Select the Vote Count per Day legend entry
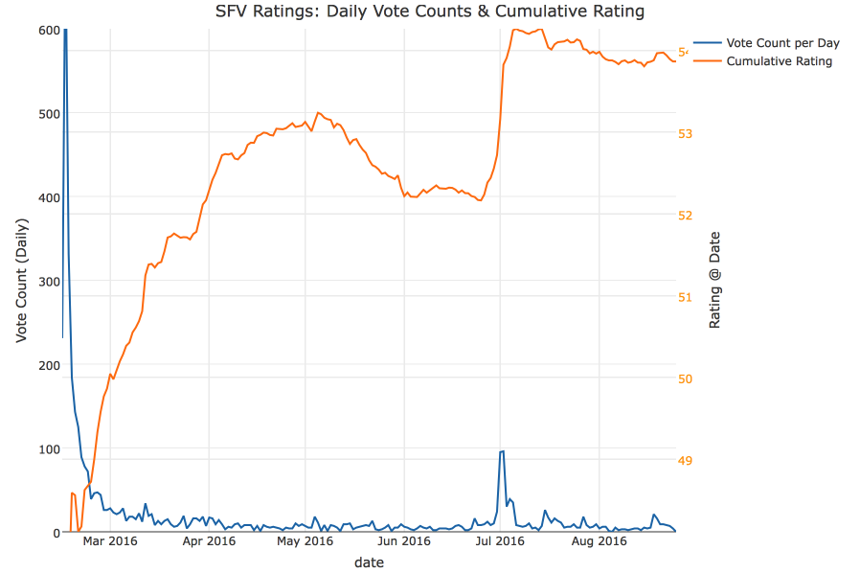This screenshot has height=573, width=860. coord(782,43)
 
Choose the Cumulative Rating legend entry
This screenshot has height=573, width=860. coord(779,61)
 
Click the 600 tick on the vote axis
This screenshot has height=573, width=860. coord(49,31)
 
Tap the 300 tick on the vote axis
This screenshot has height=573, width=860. coord(49,282)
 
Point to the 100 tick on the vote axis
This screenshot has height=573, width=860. coord(49,449)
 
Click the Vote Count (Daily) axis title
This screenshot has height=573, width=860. coord(21,281)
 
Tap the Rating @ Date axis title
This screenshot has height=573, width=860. coord(714,281)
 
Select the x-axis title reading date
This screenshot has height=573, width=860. coord(369,563)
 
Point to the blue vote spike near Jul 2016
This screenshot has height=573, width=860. coord(502,452)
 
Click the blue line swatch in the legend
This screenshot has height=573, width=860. coord(707,43)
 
